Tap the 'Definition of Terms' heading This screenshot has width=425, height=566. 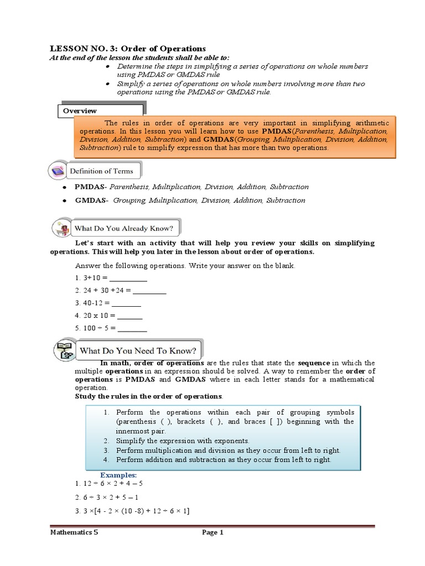(101, 171)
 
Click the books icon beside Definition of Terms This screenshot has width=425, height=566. (58, 171)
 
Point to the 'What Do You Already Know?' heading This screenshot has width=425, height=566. (127, 228)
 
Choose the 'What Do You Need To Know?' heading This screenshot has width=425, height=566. (138, 350)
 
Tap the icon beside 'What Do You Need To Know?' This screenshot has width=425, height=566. (63, 350)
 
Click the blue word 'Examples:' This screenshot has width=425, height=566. (118, 475)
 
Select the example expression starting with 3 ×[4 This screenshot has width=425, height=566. (132, 511)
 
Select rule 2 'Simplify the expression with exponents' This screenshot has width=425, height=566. (183, 441)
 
